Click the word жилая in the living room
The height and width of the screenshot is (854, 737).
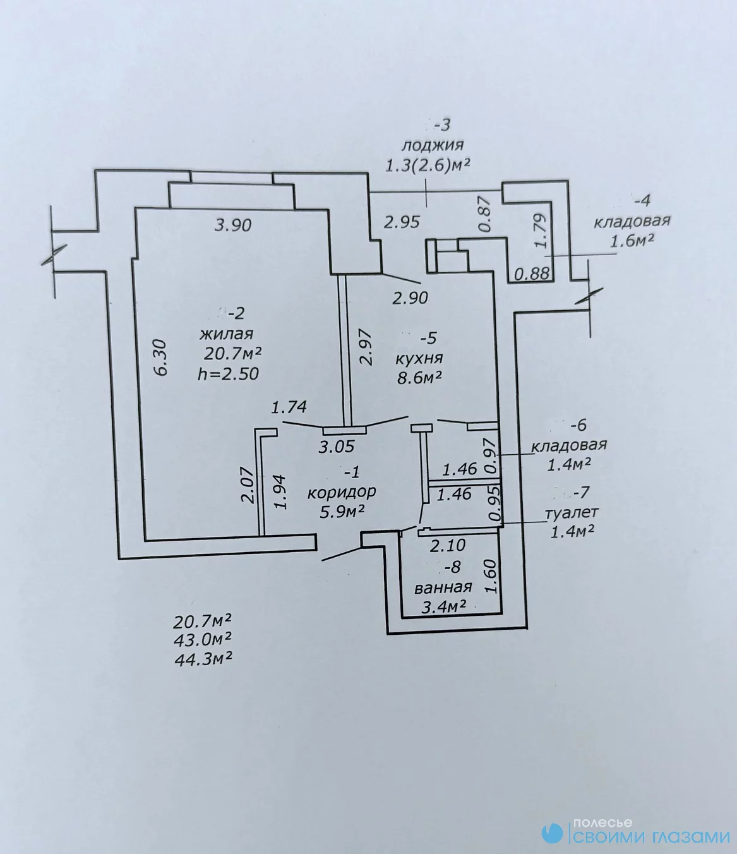[226, 334]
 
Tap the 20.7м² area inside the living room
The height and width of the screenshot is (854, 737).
[233, 354]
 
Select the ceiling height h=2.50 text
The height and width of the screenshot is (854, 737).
[228, 374]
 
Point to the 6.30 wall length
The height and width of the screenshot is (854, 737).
[162, 358]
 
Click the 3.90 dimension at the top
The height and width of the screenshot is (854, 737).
[233, 226]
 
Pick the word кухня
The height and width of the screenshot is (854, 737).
[419, 358]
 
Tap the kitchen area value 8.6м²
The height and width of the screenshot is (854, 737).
[420, 378]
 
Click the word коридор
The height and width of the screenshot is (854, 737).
[342, 492]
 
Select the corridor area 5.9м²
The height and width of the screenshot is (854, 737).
[342, 512]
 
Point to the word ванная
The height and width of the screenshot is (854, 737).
[443, 587]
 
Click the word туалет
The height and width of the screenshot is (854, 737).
[572, 513]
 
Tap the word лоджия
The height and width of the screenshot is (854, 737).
[433, 145]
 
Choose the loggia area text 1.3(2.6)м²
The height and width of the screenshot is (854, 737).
[428, 166]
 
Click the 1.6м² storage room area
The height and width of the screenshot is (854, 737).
[632, 240]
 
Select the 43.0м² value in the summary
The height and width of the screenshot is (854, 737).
[203, 640]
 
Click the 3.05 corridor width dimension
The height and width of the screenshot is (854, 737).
[336, 447]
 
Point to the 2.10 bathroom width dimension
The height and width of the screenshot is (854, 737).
[448, 545]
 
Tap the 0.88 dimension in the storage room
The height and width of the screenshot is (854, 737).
[532, 274]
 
